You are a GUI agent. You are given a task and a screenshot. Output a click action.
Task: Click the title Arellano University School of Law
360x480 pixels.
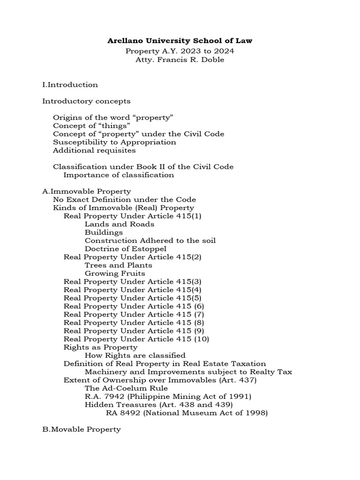180,41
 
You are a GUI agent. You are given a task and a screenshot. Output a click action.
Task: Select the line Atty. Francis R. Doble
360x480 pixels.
180,60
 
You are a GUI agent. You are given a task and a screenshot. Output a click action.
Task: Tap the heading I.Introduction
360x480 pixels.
70,85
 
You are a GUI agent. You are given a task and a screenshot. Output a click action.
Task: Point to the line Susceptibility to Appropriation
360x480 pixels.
114,142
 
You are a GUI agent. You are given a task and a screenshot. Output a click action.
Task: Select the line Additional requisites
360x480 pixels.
94,150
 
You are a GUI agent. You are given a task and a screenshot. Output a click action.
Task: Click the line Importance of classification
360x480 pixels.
119,175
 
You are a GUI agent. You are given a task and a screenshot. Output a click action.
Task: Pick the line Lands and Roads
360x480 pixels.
120,224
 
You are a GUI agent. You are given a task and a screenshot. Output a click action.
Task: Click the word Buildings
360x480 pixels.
104,232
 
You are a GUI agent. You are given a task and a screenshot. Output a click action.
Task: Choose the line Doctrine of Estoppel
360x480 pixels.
126,249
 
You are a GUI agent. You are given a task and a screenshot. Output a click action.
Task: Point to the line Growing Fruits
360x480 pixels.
115,273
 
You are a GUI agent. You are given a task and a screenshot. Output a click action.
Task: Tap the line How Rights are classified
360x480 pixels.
135,355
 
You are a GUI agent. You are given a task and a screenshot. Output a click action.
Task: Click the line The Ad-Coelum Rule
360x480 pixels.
126,388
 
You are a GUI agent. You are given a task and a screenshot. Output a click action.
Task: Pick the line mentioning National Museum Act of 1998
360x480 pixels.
187,413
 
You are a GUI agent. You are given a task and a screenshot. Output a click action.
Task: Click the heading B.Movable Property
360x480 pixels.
82,429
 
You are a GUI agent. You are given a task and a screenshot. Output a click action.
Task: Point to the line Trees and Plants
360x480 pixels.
118,265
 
